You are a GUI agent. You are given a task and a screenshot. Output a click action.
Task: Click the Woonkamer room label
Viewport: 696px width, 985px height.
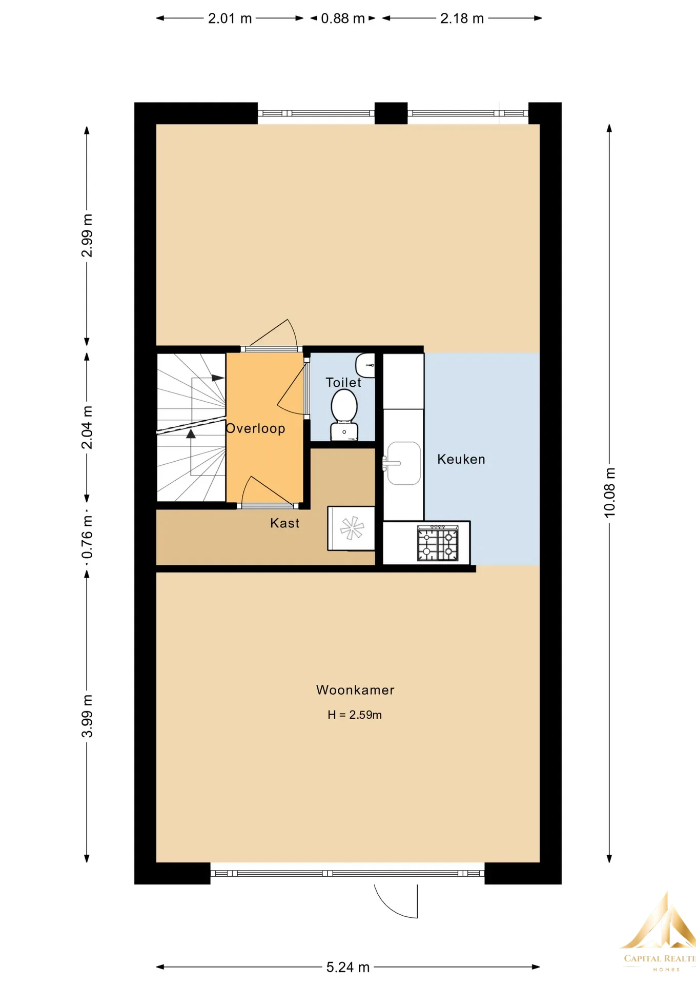click(x=355, y=690)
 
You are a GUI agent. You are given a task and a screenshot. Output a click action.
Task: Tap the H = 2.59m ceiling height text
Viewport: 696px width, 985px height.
click(x=355, y=715)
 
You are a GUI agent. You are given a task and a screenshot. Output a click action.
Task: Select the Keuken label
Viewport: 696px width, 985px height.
click(x=461, y=459)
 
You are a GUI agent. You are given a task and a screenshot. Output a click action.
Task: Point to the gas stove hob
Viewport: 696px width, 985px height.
click(x=438, y=543)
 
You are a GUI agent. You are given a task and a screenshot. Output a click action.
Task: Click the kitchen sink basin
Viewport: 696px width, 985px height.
click(x=403, y=463)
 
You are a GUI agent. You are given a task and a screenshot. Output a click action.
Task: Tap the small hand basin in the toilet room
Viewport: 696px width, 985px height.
click(x=365, y=365)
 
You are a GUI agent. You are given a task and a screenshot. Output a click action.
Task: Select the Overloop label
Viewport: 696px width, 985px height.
click(x=255, y=428)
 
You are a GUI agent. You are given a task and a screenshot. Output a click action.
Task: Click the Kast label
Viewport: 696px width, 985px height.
click(x=284, y=523)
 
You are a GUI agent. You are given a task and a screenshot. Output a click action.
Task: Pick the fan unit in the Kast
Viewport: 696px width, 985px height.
click(x=352, y=528)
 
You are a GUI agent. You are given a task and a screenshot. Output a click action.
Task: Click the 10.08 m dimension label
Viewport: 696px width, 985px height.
click(x=609, y=493)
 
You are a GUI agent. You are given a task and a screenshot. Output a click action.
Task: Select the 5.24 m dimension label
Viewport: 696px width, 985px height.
click(x=348, y=967)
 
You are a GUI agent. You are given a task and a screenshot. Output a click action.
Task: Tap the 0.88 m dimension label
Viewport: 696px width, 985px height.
click(x=343, y=18)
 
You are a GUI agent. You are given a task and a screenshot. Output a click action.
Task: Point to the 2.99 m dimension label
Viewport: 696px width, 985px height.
click(x=87, y=235)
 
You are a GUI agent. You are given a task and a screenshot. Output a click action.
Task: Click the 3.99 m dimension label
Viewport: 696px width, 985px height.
click(x=87, y=716)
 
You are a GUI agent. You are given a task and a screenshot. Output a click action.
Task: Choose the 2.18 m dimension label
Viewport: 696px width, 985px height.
click(x=462, y=18)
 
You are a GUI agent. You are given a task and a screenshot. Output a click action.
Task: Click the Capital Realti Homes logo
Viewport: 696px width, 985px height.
click(x=659, y=933)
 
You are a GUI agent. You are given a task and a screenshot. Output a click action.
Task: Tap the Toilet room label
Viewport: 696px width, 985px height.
click(x=343, y=382)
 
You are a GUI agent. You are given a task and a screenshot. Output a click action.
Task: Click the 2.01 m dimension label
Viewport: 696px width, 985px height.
click(x=230, y=18)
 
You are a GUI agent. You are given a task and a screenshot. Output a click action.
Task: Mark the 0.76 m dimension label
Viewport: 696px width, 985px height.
click(x=87, y=537)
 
